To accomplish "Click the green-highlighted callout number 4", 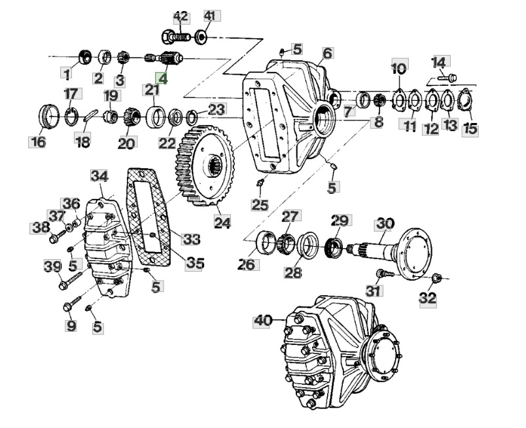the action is [162, 79].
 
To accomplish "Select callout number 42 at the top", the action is [181, 17].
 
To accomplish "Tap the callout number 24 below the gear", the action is [222, 223].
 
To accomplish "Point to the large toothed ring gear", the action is [205, 166].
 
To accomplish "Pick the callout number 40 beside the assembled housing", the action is [262, 321].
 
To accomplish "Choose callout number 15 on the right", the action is [470, 129].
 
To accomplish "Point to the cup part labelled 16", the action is [49, 116].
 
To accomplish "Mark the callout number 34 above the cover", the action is [99, 176].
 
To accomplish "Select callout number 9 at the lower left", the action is [71, 325].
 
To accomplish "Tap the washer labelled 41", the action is [201, 36].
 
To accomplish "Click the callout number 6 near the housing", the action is [327, 54].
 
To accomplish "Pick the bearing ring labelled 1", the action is [85, 57].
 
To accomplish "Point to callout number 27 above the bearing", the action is [290, 216].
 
